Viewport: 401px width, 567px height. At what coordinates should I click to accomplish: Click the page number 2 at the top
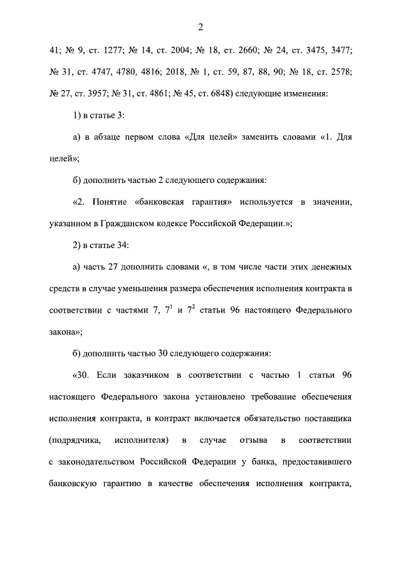pos(200,27)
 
